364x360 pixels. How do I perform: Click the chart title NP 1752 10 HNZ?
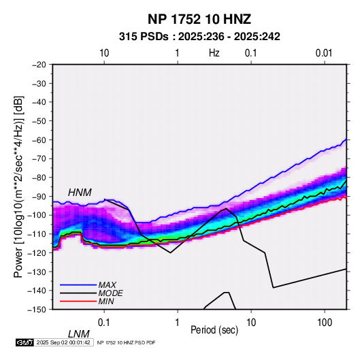pos(199,19)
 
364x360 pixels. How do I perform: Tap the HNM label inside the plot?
pos(80,193)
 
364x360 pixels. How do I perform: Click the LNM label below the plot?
pos(78,334)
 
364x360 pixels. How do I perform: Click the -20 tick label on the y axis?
pos(39,65)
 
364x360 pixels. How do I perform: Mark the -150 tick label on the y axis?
pos(37,310)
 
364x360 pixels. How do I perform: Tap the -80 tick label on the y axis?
pos(39,178)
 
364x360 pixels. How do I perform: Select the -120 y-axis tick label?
pos(37,252)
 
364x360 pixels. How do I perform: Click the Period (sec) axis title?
pos(214,330)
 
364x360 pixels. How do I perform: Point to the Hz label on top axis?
pos(214,53)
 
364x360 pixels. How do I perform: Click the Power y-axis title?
pos(18,186)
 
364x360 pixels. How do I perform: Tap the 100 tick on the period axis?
pos(325,323)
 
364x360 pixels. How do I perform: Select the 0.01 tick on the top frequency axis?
pos(324,53)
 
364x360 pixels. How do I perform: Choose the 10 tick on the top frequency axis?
pos(104,53)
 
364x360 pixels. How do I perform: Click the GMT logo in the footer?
pos(25,342)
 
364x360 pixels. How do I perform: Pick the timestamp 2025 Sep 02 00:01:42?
pos(63,342)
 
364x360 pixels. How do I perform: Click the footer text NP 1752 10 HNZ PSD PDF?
pos(126,342)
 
